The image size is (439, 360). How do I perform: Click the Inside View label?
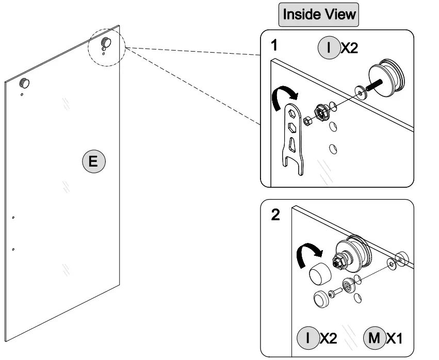(x=318, y=14)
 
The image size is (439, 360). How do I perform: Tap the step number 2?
(x=276, y=215)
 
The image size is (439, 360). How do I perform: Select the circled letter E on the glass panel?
(x=93, y=161)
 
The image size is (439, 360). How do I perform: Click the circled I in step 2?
(x=308, y=338)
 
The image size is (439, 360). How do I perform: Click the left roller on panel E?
(x=24, y=83)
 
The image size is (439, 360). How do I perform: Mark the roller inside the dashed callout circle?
(x=106, y=42)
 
